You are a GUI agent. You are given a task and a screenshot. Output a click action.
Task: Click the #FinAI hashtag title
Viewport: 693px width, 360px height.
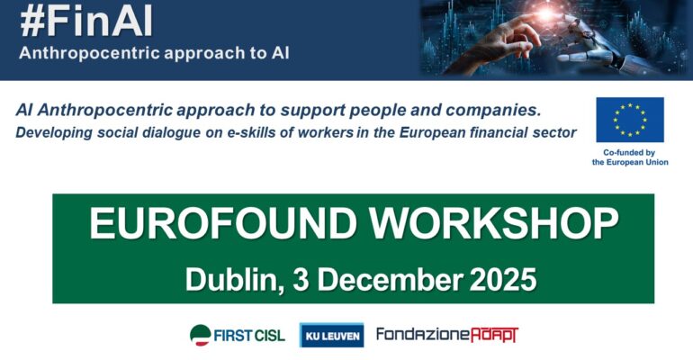[86, 20]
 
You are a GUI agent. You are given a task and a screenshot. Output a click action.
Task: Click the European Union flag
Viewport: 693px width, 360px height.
[629, 120]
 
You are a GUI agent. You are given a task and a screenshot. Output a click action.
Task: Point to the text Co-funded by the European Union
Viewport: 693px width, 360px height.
[628, 157]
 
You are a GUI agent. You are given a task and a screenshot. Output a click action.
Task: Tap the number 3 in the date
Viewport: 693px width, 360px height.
[305, 279]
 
